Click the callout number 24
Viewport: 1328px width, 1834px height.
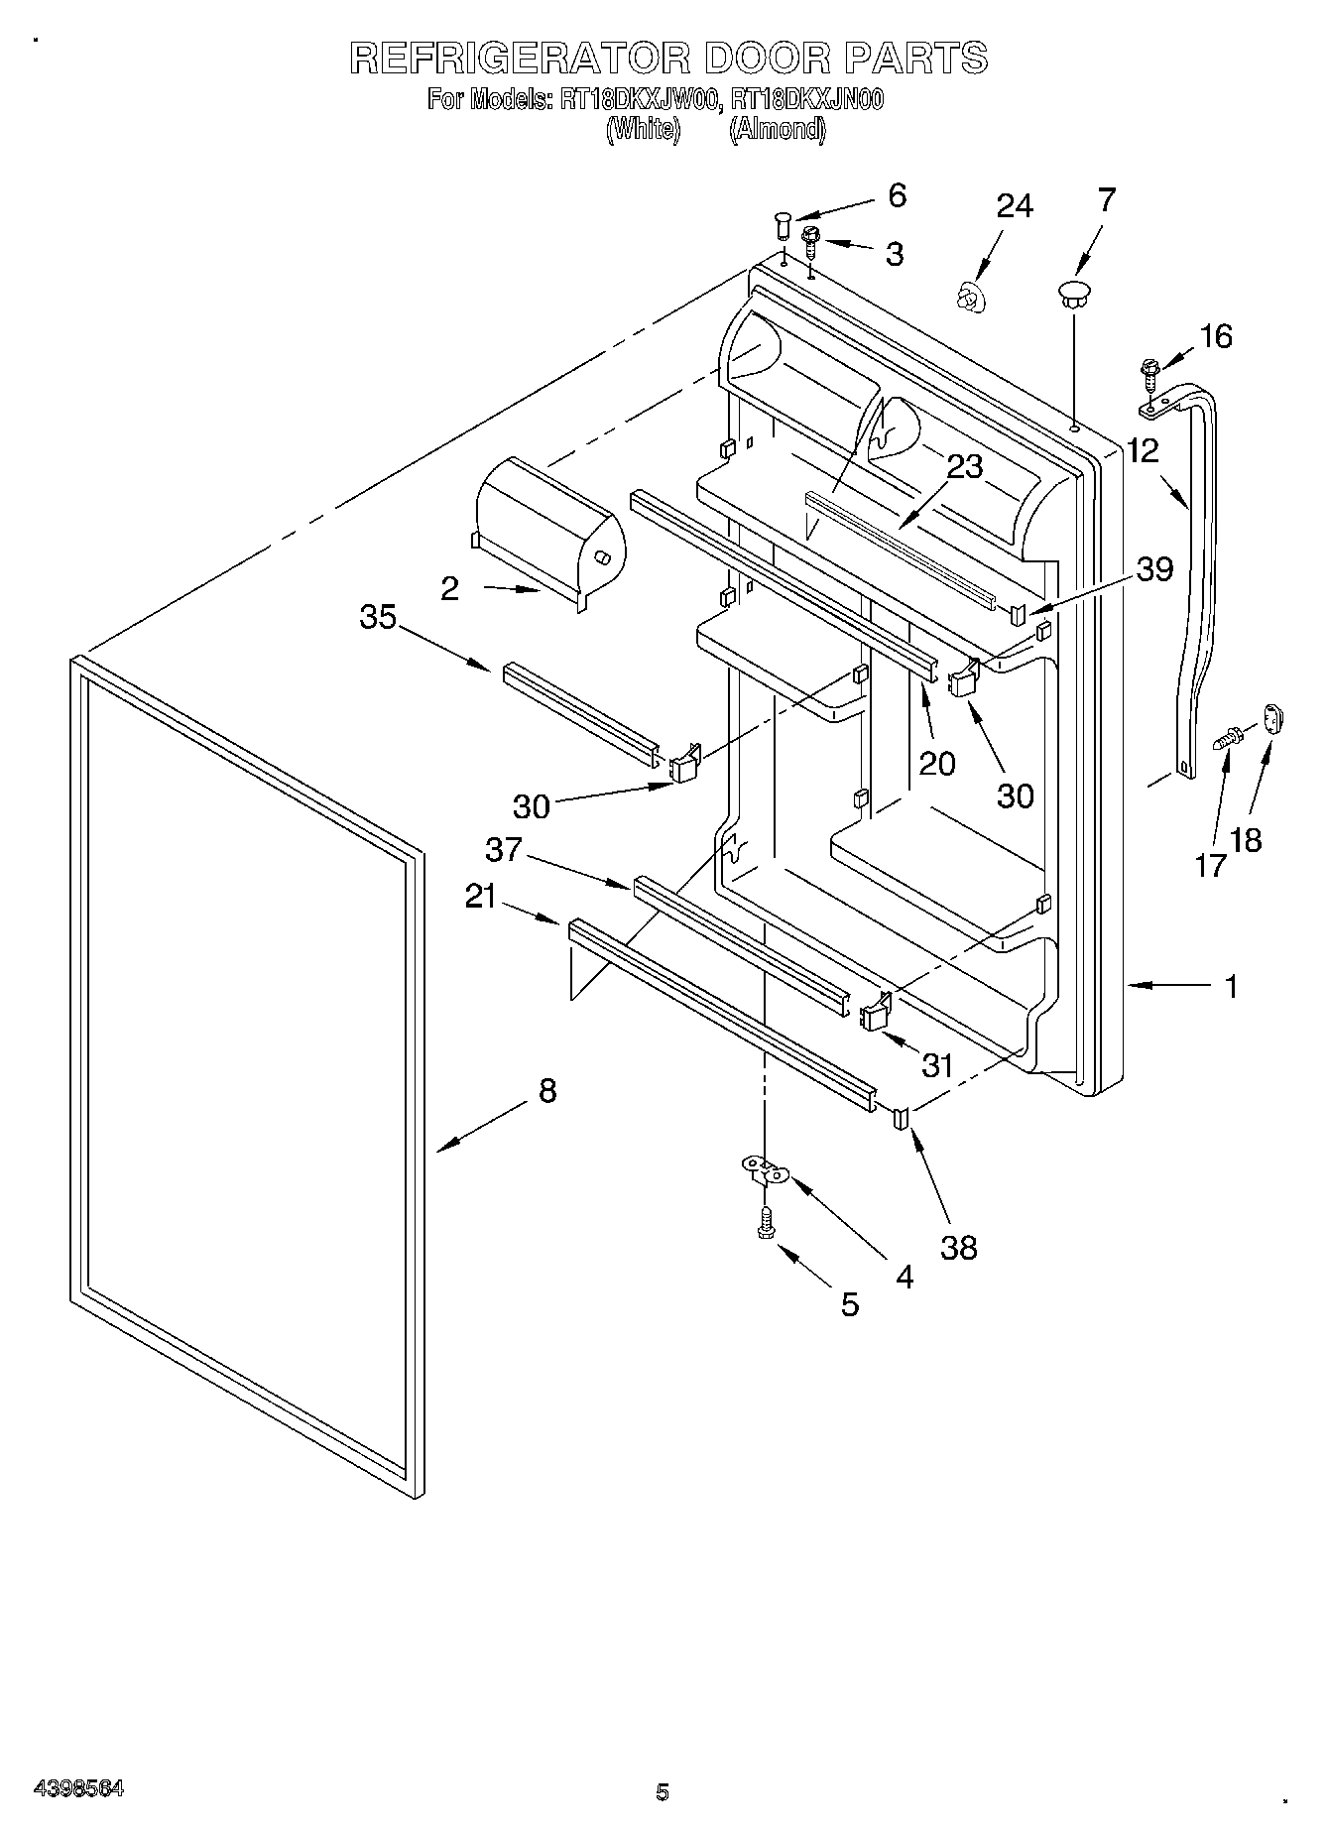point(1015,206)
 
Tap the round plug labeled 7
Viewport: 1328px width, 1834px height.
point(1072,292)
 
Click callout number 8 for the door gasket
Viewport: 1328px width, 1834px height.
point(546,1091)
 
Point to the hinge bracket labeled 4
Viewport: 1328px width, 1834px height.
point(765,1172)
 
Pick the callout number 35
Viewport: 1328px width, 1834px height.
point(378,618)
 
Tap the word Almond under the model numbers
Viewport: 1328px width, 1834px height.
point(777,129)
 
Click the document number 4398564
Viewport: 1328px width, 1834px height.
point(78,1788)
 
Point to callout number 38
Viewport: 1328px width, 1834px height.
point(959,1247)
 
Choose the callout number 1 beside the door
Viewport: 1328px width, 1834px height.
point(1231,987)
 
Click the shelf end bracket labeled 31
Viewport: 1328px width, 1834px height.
point(875,1013)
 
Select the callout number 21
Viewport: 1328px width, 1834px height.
point(481,897)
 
